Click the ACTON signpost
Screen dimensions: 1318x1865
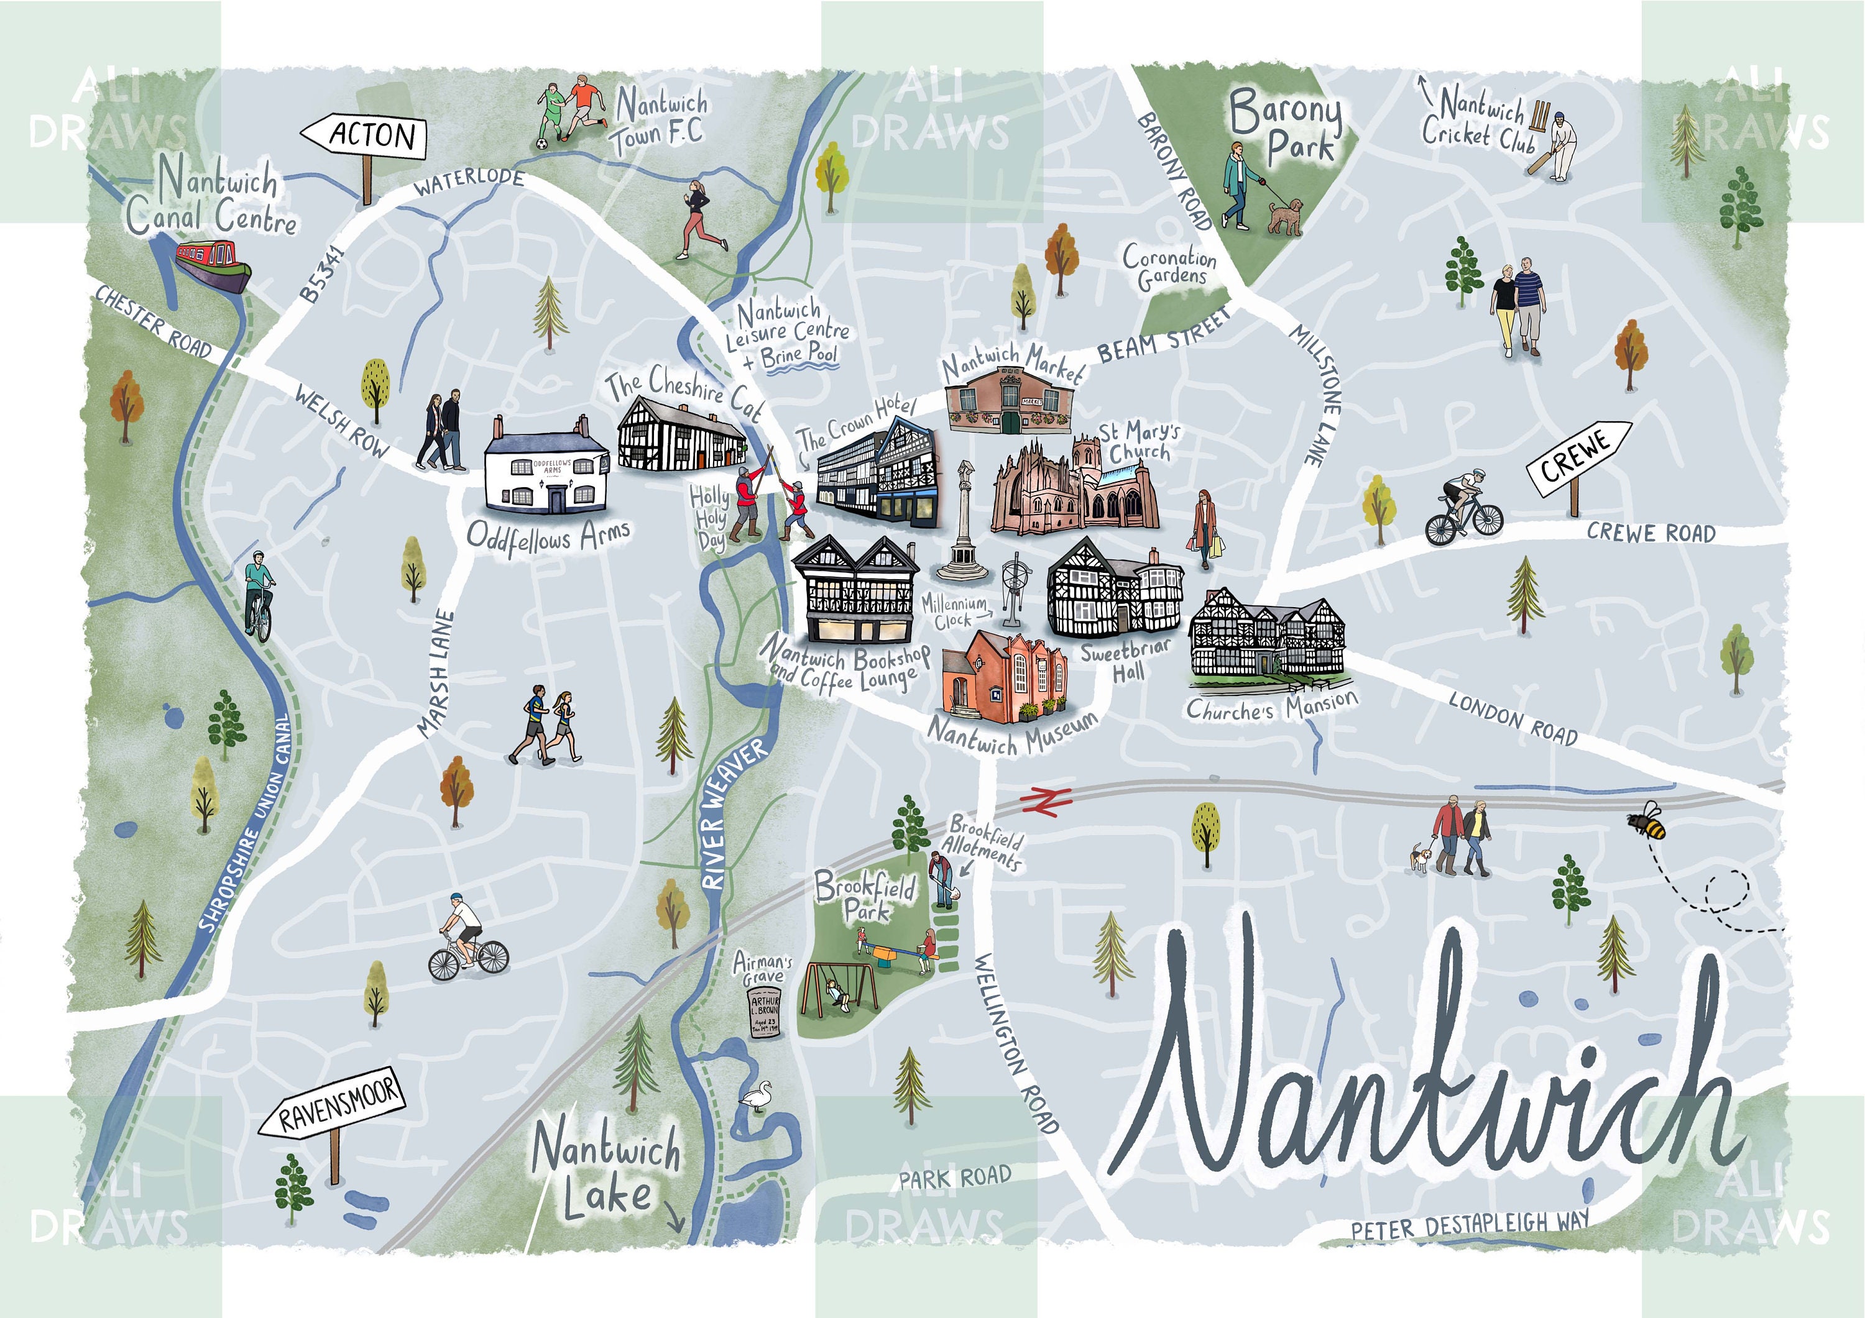(365, 137)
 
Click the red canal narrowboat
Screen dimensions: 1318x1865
(214, 265)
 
